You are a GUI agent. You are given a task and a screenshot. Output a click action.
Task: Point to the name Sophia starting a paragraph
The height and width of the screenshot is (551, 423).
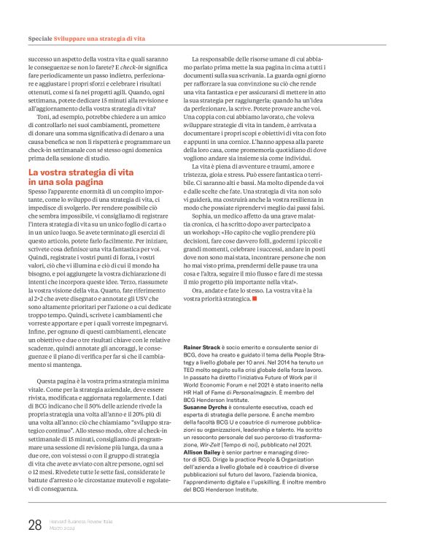click(x=203, y=237)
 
